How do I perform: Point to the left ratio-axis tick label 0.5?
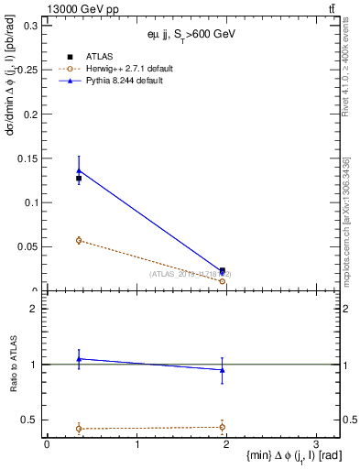click(29, 420)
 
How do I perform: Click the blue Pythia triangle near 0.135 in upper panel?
click(79, 170)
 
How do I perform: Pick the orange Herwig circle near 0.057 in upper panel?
click(79, 240)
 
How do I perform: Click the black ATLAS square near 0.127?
click(79, 179)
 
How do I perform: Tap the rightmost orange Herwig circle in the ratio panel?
click(223, 427)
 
